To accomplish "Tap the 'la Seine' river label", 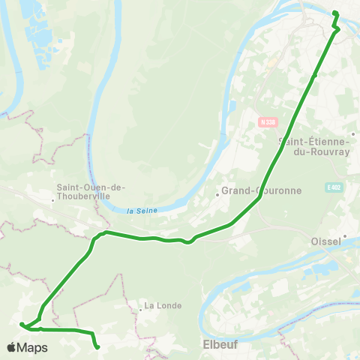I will point(142,211).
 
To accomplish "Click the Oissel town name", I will point(325,241).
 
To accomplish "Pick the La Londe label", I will point(160,305).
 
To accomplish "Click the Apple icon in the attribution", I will point(12,347).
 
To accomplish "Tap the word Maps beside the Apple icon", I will point(33,347).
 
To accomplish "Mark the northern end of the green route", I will point(334,13).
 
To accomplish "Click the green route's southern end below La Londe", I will point(98,346).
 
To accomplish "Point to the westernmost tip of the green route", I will point(21,325).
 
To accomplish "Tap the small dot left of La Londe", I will point(140,308).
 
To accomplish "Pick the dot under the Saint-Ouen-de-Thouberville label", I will point(53,200).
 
